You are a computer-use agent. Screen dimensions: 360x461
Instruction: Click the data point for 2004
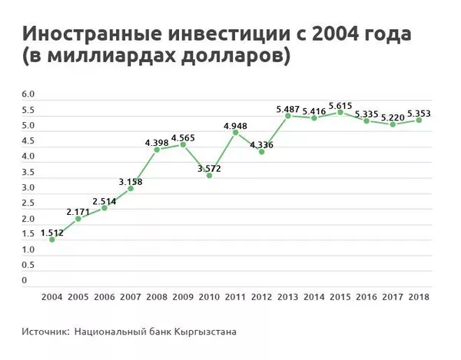pyautogui.click(x=51, y=239)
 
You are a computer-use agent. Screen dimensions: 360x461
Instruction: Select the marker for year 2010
pyautogui.click(x=209, y=176)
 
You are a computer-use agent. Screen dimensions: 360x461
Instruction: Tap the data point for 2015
pyautogui.click(x=340, y=112)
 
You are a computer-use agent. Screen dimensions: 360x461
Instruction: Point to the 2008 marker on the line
pyautogui.click(x=157, y=150)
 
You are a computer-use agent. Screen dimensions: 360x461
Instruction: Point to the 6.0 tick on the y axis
pyautogui.click(x=29, y=94)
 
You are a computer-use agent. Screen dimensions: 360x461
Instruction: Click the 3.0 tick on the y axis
pyautogui.click(x=29, y=187)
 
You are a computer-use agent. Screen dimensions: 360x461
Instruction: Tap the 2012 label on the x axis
pyautogui.click(x=261, y=296)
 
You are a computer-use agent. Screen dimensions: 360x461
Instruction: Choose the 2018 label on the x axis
pyautogui.click(x=419, y=296)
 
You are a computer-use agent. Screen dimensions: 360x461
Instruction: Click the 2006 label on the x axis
pyautogui.click(x=104, y=296)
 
